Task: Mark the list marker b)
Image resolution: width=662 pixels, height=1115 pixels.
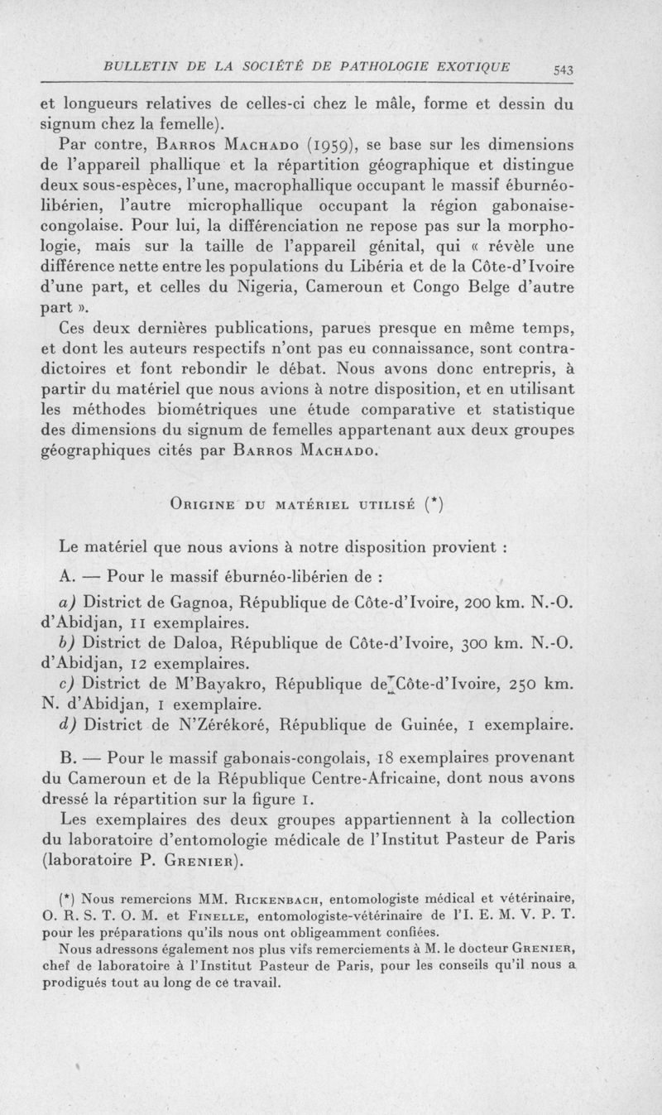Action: click(69, 644)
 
